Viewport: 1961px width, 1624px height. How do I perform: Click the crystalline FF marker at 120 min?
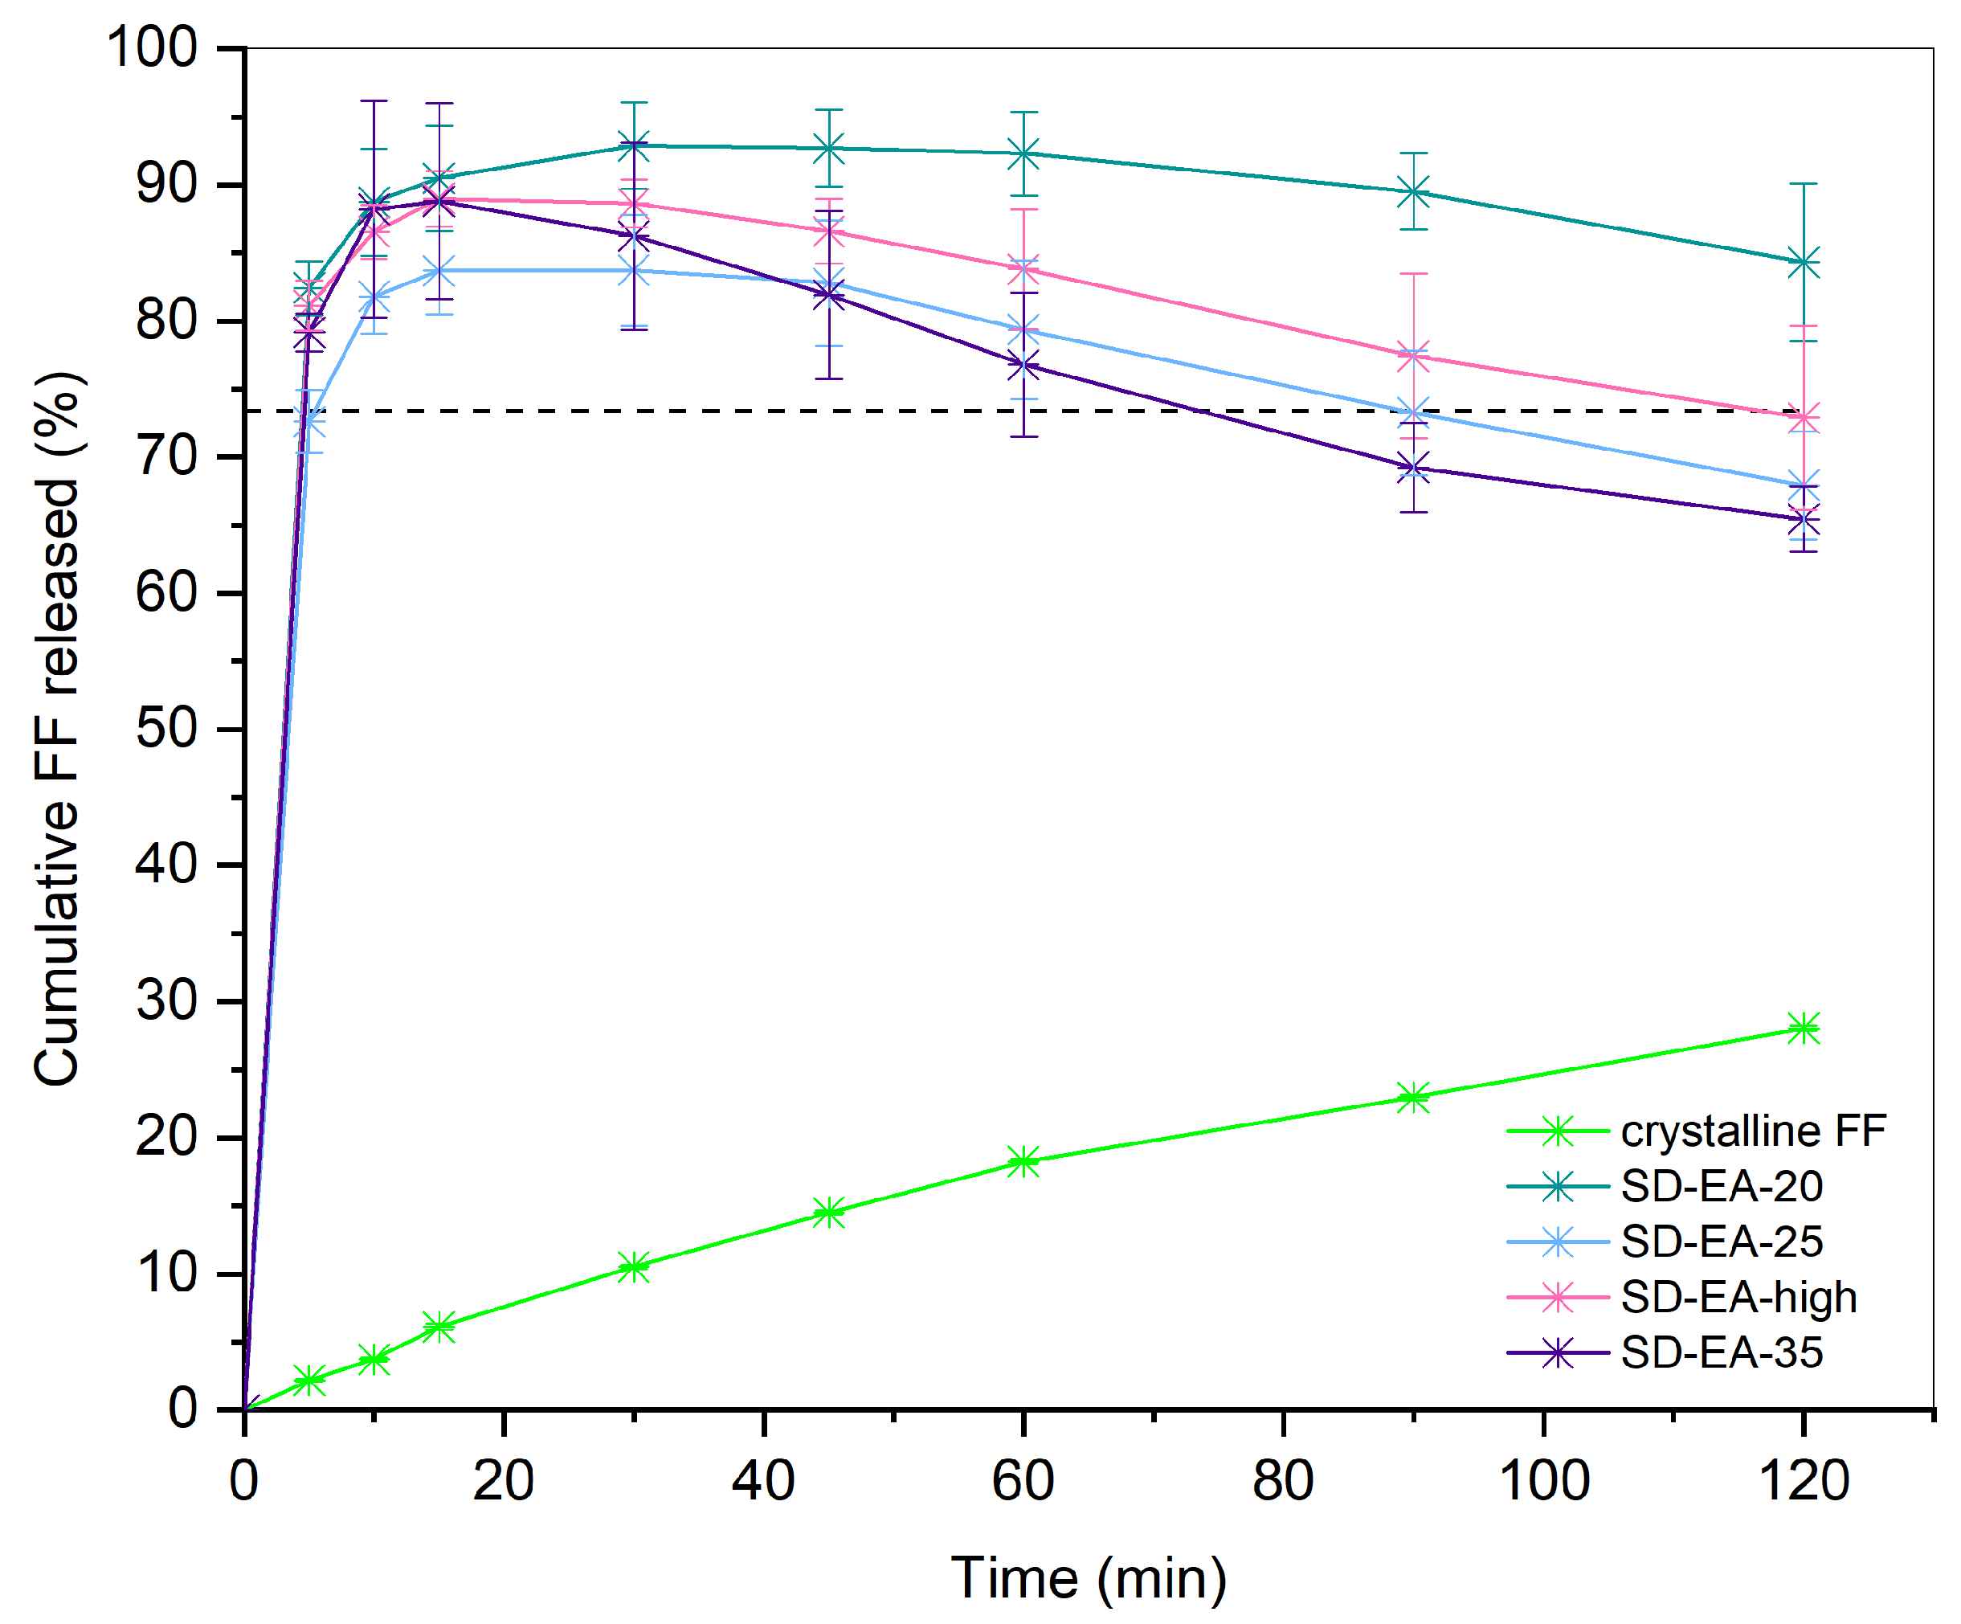(1804, 1029)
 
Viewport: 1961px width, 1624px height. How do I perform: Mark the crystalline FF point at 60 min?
(1023, 1162)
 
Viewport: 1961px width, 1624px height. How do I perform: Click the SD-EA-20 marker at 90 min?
(1414, 191)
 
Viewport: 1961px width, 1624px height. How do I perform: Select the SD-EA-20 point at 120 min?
(1804, 263)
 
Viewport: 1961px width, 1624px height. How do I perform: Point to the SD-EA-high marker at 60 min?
(1023, 271)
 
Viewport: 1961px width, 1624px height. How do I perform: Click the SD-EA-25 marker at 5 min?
(310, 422)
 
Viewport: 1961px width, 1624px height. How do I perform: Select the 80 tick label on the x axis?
(1283, 1481)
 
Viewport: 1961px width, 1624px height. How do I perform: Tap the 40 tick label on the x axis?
(763, 1481)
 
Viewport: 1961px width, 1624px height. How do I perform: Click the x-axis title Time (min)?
(1088, 1578)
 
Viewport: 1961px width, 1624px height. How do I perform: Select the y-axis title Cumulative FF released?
(58, 728)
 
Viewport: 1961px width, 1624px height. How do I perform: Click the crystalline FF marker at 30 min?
(634, 1267)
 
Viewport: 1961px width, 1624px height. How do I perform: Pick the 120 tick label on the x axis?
(1804, 1481)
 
